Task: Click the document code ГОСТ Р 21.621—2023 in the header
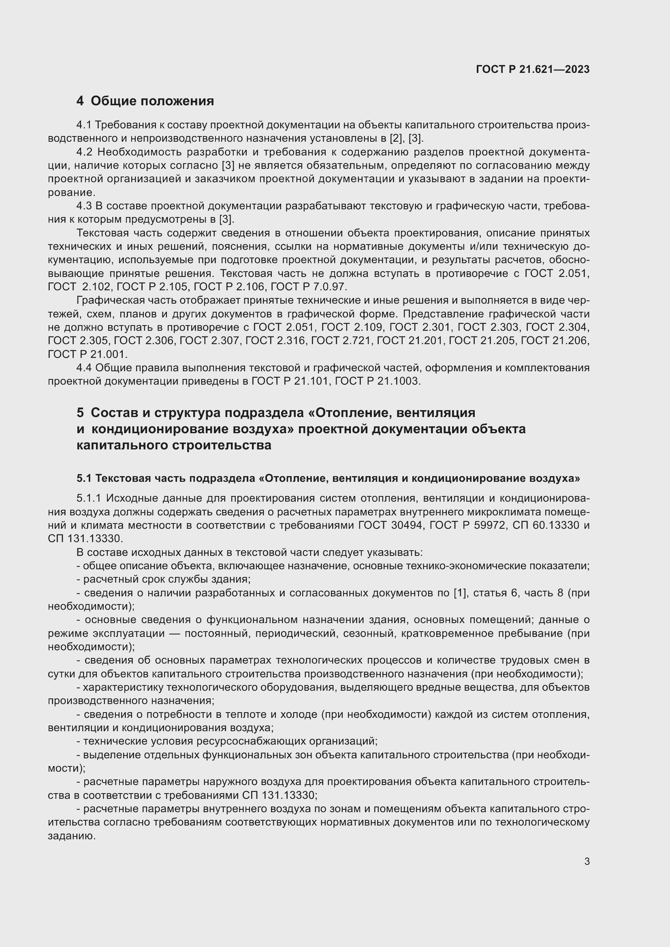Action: pyautogui.click(x=533, y=69)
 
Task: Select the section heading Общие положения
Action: pyautogui.click(x=152, y=101)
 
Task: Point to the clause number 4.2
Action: pyautogui.click(x=84, y=152)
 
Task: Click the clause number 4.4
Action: pyautogui.click(x=84, y=368)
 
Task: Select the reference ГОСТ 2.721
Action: pyautogui.click(x=341, y=340)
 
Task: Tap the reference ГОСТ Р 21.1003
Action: pyautogui.click(x=378, y=381)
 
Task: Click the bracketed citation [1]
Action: pyautogui.click(x=459, y=593)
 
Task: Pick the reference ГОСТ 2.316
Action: pyautogui.click(x=275, y=340)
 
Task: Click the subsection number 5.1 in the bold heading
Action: pyautogui.click(x=84, y=478)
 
